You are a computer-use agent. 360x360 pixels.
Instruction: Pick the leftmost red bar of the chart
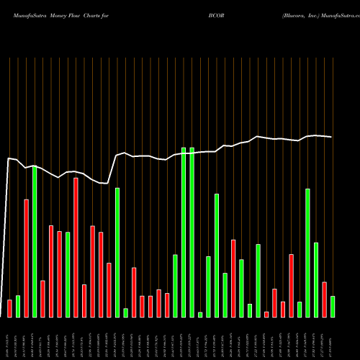point(9,308)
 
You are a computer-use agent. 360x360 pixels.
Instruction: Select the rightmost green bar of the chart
point(333,307)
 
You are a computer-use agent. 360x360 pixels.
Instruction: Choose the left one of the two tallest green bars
point(184,232)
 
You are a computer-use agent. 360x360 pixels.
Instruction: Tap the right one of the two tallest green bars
point(192,232)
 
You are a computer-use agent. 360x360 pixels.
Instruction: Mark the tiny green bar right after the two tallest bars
point(200,315)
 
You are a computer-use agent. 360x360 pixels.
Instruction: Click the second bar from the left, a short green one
point(18,307)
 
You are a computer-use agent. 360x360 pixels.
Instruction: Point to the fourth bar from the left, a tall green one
point(35,241)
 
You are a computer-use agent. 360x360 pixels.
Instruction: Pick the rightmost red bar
point(325,300)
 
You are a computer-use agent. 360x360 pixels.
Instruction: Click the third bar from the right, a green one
point(316,280)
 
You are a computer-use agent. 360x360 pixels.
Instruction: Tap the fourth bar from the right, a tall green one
point(308,253)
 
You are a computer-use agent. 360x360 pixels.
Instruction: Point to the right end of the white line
point(331,137)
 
